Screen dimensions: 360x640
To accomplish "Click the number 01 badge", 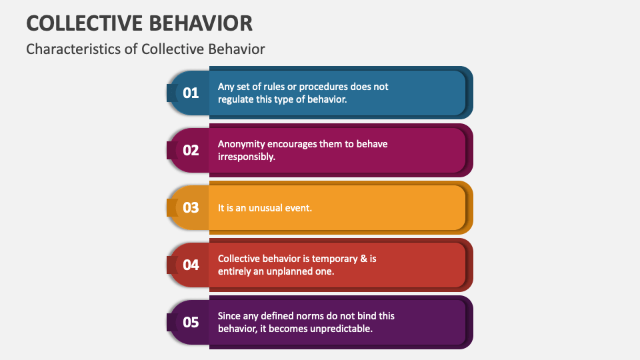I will [191, 93].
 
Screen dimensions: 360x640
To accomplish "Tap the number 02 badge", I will [191, 150].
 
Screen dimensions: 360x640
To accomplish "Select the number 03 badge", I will [191, 207].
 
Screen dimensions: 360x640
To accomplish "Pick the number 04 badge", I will [191, 265].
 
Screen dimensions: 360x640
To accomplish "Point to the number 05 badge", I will [191, 322].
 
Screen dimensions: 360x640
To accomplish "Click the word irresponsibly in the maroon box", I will [247, 157].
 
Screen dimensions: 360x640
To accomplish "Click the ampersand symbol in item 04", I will [365, 259].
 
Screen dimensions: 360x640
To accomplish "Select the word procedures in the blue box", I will [319, 87].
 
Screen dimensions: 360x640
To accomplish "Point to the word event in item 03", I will [299, 208].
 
